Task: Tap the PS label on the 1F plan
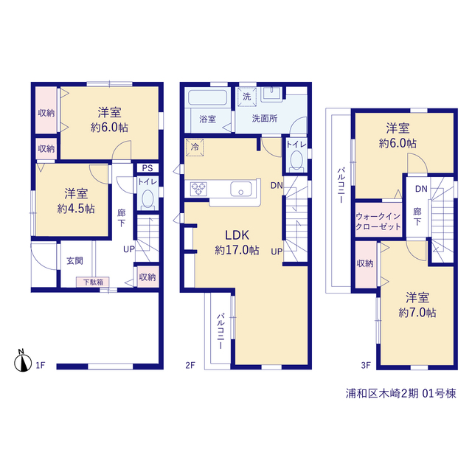(x=147, y=168)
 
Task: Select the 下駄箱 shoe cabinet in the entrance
(x=93, y=282)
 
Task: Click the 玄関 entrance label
(x=74, y=260)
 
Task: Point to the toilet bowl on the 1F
(x=147, y=199)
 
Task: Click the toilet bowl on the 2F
(x=296, y=160)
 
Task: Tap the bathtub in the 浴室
(x=207, y=97)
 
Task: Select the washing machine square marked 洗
(x=247, y=97)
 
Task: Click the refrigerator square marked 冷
(x=195, y=147)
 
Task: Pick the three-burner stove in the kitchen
(x=198, y=189)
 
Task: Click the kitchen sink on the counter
(x=241, y=189)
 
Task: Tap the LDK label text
(x=237, y=235)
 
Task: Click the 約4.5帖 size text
(x=76, y=209)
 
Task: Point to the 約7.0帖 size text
(x=417, y=313)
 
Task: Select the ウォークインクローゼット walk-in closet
(x=378, y=220)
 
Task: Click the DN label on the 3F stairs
(x=421, y=189)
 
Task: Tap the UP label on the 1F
(x=129, y=249)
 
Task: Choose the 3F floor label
(x=366, y=365)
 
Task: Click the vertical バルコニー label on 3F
(x=341, y=185)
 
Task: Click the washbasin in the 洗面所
(x=272, y=94)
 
